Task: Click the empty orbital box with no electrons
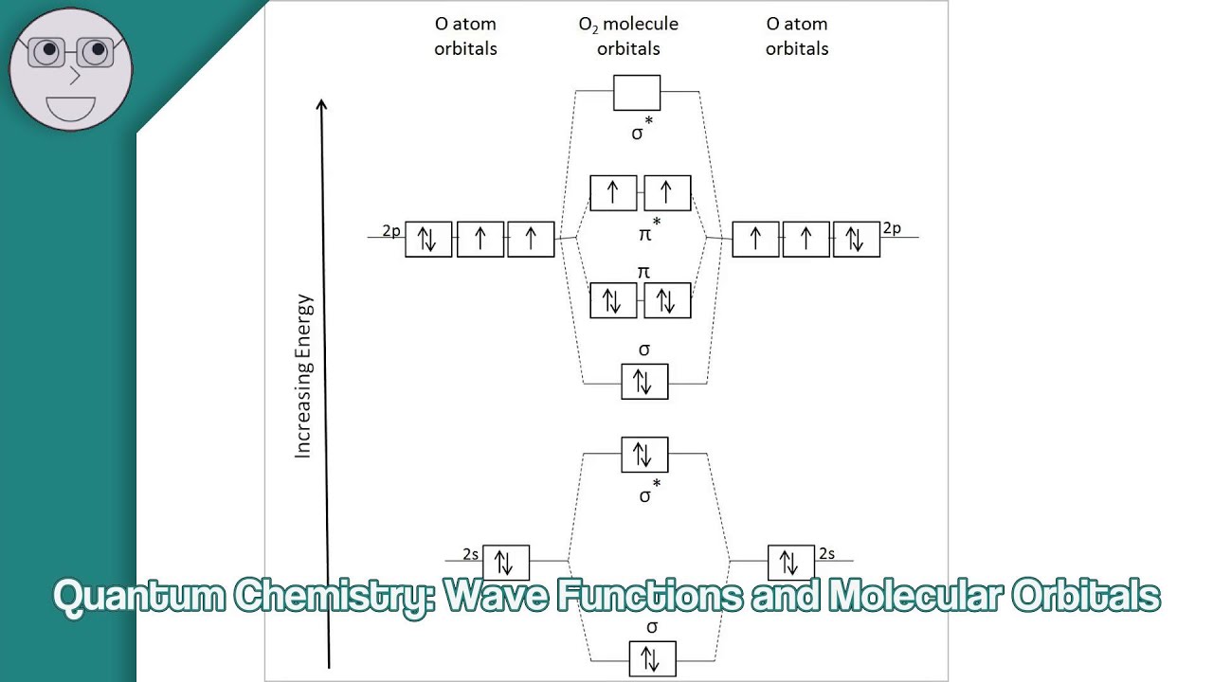coord(637,93)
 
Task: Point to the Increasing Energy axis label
coord(303,377)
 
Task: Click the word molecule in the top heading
coord(642,24)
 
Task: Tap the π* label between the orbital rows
coord(646,231)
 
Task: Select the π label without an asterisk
coord(643,272)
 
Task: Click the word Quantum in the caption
coord(138,596)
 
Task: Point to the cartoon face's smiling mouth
coord(71,107)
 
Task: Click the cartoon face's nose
coord(74,77)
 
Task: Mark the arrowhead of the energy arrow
coord(322,105)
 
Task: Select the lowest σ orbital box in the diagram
coord(652,658)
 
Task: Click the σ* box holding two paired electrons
coord(644,455)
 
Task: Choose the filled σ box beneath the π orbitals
coord(644,381)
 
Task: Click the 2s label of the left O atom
coord(470,553)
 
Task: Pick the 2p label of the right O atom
coord(892,228)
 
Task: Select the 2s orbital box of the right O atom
coord(790,563)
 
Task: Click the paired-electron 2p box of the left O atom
coord(428,239)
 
